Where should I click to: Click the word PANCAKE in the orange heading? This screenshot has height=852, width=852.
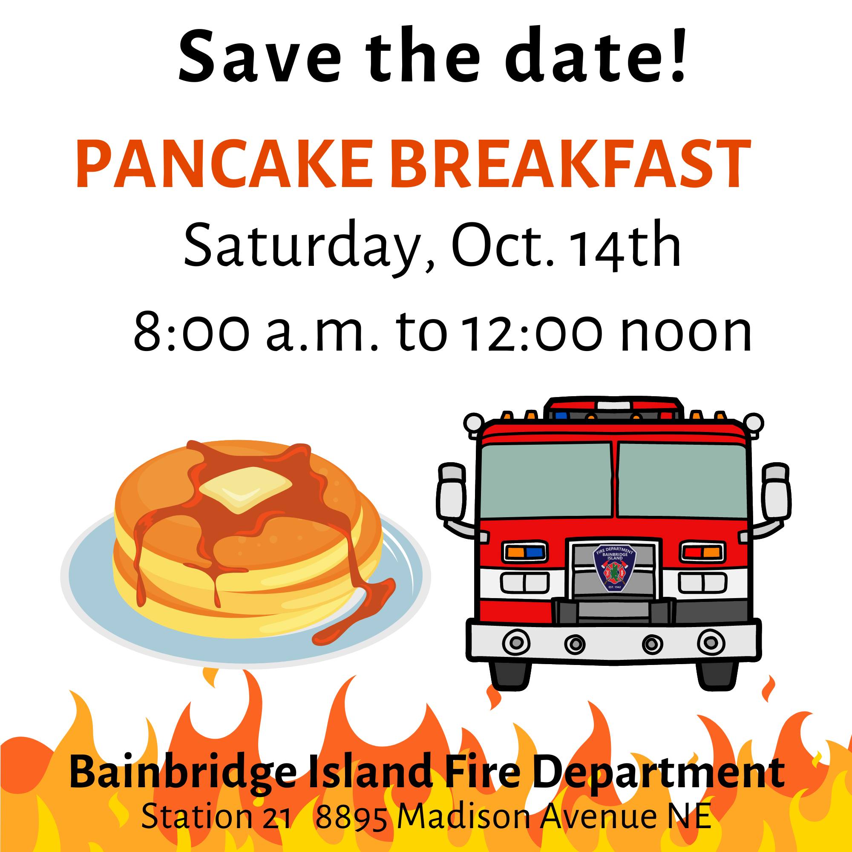tap(223, 165)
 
